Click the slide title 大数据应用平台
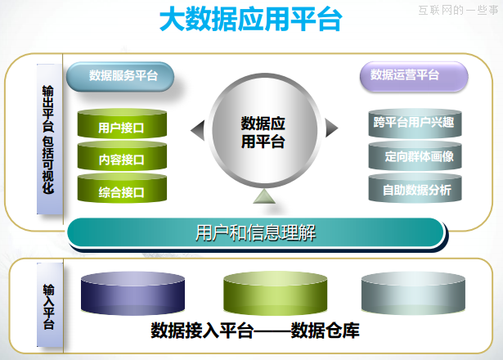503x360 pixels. click(x=250, y=20)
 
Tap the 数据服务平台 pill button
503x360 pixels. click(x=123, y=76)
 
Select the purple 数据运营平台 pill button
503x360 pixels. click(x=405, y=75)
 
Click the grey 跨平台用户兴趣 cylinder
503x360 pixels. click(x=412, y=124)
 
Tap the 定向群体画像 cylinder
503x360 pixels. click(x=412, y=156)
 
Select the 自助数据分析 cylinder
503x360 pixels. click(x=412, y=190)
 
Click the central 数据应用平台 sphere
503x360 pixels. click(x=263, y=132)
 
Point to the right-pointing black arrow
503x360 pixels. click(x=330, y=128)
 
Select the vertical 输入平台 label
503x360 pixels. click(x=48, y=306)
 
